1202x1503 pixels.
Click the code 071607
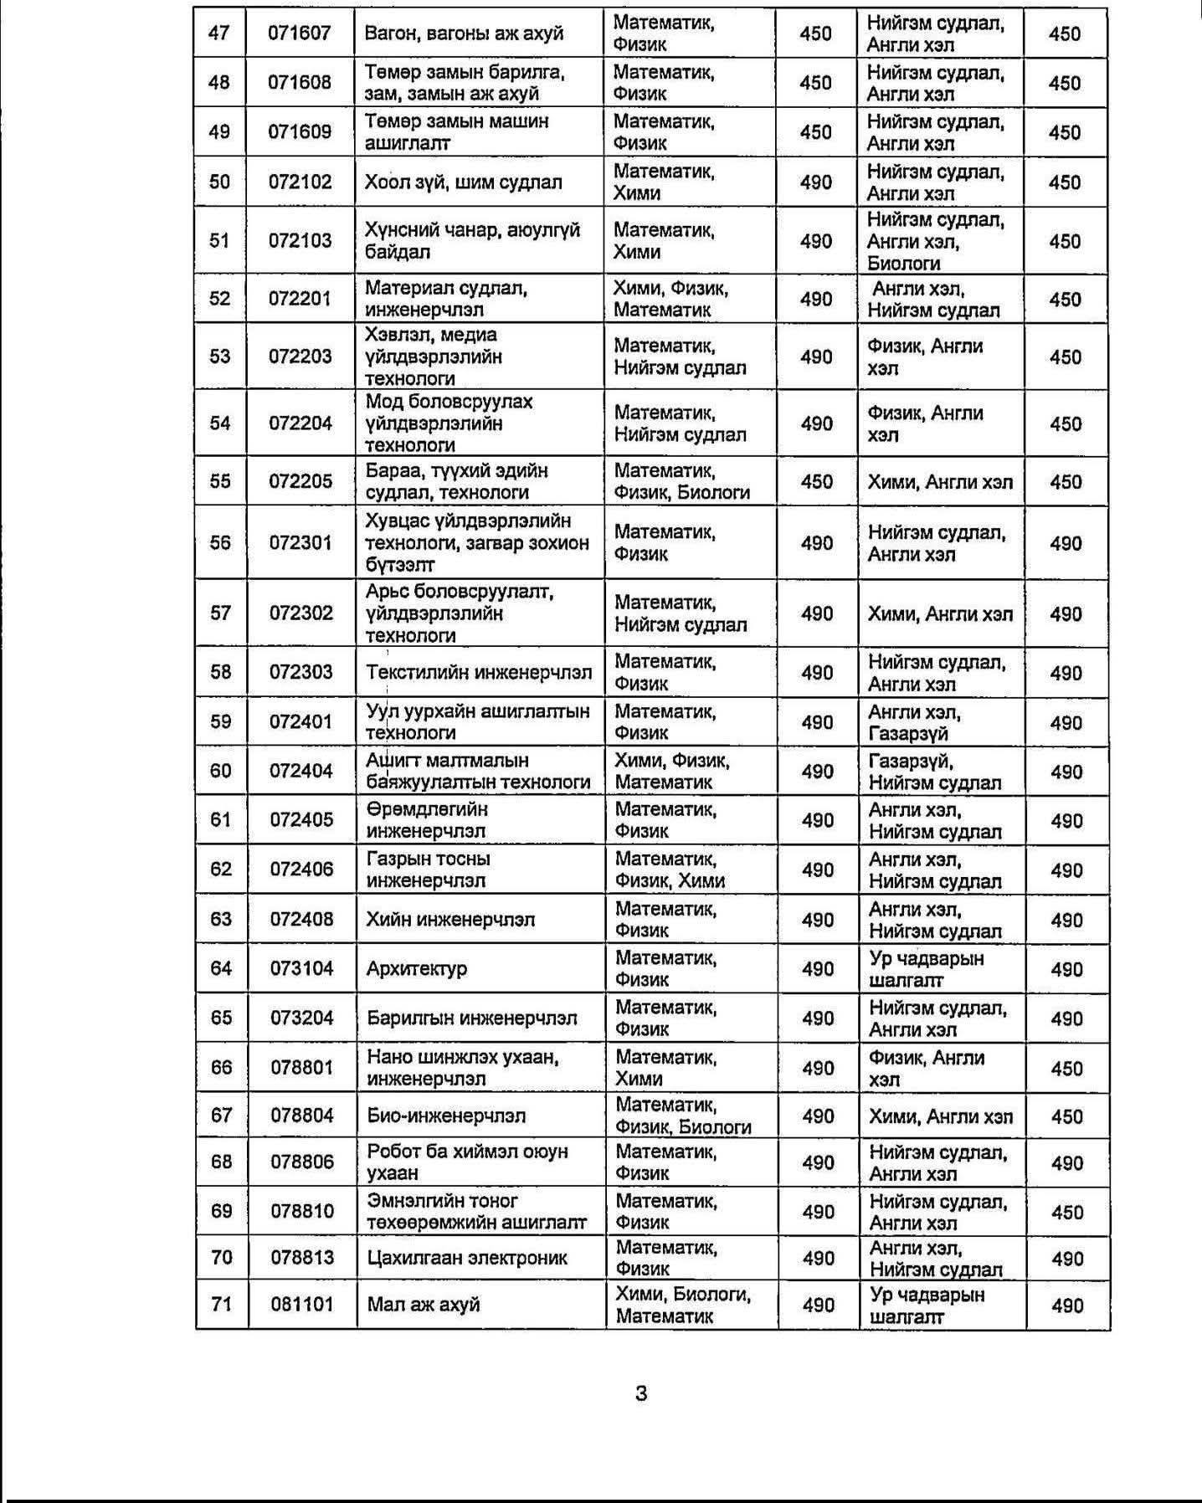300,33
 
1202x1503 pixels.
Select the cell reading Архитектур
416,968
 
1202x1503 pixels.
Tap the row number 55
220,481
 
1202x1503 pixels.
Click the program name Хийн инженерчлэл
450,919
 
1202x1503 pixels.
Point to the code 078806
302,1162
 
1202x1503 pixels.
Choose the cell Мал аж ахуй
424,1304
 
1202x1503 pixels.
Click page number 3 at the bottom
641,1393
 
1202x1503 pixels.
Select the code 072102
300,182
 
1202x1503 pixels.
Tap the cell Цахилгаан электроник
467,1257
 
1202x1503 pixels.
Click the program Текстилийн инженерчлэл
479,672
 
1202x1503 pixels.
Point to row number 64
221,968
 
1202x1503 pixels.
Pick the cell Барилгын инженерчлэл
472,1018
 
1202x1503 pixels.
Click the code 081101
302,1304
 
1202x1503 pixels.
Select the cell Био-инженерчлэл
446,1116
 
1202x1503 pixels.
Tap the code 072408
301,919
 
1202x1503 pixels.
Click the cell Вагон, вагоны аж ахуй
464,33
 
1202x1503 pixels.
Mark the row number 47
219,33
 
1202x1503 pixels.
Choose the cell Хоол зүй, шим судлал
463,182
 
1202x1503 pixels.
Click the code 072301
300,542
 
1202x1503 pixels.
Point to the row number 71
222,1304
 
